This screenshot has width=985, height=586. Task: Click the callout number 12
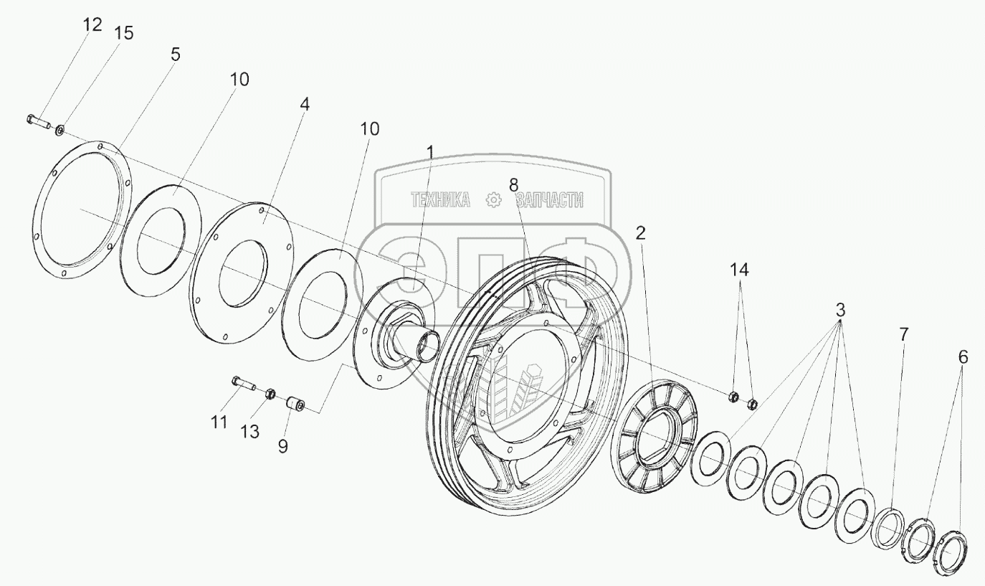pos(92,25)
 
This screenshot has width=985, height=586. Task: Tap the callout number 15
pos(124,34)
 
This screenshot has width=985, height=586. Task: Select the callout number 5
pos(176,55)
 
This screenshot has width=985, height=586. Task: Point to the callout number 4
pos(305,104)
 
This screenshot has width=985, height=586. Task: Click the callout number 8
pos(513,184)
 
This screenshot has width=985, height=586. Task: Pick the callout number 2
pos(641,233)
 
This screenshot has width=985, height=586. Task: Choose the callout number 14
pos(739,270)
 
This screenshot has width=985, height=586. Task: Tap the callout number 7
pos(903,334)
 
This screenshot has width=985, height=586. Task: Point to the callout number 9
pos(283,446)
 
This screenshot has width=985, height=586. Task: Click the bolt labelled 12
pos(39,121)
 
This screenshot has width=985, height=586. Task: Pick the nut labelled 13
pos(270,394)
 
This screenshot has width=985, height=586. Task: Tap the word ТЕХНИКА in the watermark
pos(440,201)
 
